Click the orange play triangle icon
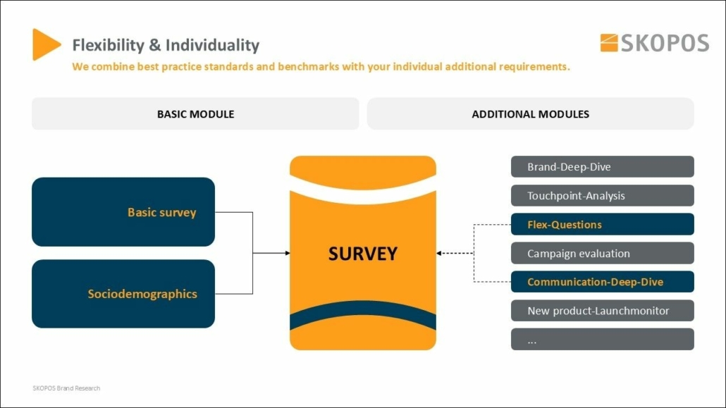(x=45, y=44)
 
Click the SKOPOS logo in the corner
(x=654, y=43)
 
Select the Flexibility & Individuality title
(x=166, y=46)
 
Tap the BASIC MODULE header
(x=195, y=113)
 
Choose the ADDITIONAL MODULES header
(x=530, y=113)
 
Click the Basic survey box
(x=123, y=212)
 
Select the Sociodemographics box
(x=123, y=294)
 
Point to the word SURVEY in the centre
(x=362, y=253)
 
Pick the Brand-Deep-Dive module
(x=602, y=167)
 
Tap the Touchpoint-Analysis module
(x=602, y=196)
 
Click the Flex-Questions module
(x=602, y=225)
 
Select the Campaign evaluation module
(x=602, y=254)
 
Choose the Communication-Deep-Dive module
(x=602, y=282)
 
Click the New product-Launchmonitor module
(x=602, y=311)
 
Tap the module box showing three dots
(x=602, y=340)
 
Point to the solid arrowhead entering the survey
(x=286, y=253)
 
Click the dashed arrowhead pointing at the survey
(x=440, y=253)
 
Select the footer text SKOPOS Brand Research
(x=66, y=388)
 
